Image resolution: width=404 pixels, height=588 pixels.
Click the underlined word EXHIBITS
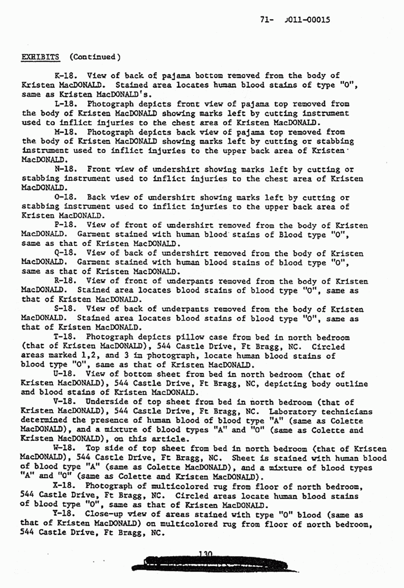click(x=41, y=57)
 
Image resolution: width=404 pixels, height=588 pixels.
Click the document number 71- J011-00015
click(x=294, y=20)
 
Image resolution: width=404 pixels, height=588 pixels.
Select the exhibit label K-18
click(x=65, y=76)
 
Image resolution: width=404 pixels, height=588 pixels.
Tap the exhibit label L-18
click(x=65, y=104)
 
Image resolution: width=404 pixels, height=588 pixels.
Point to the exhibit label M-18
click(x=65, y=132)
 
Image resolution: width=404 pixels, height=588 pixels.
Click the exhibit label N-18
click(x=65, y=169)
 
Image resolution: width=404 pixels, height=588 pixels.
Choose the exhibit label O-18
click(x=65, y=198)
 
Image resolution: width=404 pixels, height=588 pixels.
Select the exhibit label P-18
click(x=65, y=226)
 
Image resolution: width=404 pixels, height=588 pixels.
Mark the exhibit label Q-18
click(x=65, y=254)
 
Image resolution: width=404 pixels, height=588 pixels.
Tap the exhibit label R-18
click(x=65, y=281)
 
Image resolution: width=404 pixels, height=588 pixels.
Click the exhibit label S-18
click(x=65, y=309)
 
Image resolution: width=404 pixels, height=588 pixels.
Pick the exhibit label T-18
click(x=65, y=338)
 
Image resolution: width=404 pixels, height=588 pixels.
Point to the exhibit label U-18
click(x=65, y=375)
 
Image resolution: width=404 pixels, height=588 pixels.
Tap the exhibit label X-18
click(x=65, y=487)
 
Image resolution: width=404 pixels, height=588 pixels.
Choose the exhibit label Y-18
click(x=65, y=515)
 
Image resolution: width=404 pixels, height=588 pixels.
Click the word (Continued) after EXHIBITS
click(x=94, y=57)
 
